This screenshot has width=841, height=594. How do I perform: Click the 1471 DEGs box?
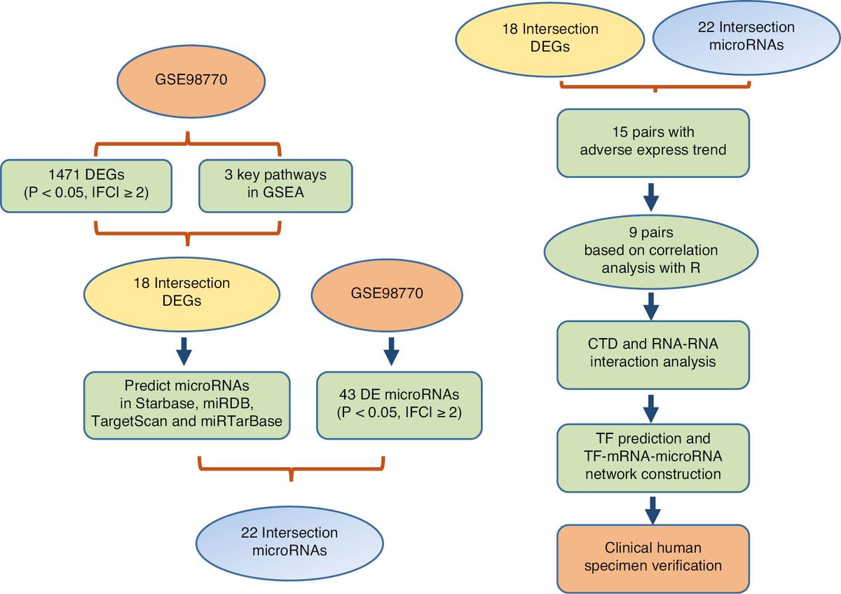pyautogui.click(x=86, y=186)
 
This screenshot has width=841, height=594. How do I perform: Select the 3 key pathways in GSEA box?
pyautogui.click(x=275, y=186)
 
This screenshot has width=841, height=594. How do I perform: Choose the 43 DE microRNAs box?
pyautogui.click(x=399, y=405)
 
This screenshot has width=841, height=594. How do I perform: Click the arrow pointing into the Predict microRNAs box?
pyautogui.click(x=184, y=351)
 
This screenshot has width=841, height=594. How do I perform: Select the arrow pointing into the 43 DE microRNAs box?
pyautogui.click(x=391, y=351)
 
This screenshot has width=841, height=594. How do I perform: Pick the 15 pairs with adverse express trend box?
pyautogui.click(x=653, y=143)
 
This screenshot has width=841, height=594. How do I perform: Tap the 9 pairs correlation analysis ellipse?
pyautogui.click(x=651, y=252)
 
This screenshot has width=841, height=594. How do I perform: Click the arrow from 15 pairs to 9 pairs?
pyautogui.click(x=651, y=197)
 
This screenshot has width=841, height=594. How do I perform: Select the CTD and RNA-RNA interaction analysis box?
pyautogui.click(x=653, y=355)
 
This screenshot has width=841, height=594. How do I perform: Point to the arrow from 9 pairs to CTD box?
pyautogui.click(x=651, y=306)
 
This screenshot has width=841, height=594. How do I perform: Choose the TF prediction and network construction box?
pyautogui.click(x=653, y=458)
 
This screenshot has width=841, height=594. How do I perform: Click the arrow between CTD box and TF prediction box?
pyautogui.click(x=651, y=409)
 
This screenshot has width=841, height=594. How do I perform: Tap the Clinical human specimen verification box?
pyautogui.click(x=653, y=559)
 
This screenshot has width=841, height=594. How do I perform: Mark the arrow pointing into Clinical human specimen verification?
pyautogui.click(x=653, y=511)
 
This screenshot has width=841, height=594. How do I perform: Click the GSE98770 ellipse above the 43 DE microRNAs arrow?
pyautogui.click(x=387, y=295)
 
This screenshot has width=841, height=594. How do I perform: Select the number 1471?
pyautogui.click(x=64, y=175)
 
